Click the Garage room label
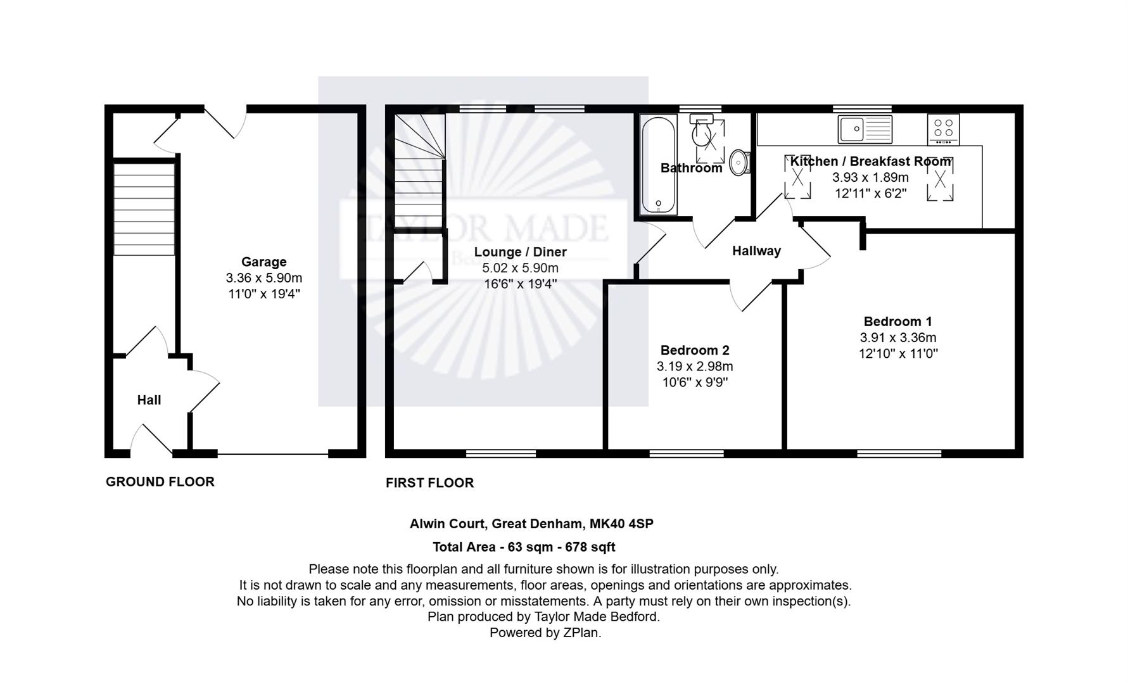pyautogui.click(x=263, y=262)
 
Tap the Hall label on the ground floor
pyautogui.click(x=149, y=400)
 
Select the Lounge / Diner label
pyautogui.click(x=520, y=251)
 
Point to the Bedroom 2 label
pyautogui.click(x=695, y=350)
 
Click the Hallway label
pyautogui.click(x=756, y=251)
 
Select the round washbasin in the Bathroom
pyautogui.click(x=740, y=162)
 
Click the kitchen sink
pyautogui.click(x=865, y=129)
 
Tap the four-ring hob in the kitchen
pyautogui.click(x=943, y=129)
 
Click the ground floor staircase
pyautogui.click(x=144, y=209)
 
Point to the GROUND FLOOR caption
pyautogui.click(x=160, y=481)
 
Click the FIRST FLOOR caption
pyautogui.click(x=430, y=483)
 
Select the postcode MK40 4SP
pyautogui.click(x=621, y=524)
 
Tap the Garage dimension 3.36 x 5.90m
pyautogui.click(x=263, y=278)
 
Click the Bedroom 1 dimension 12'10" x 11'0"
pyautogui.click(x=897, y=353)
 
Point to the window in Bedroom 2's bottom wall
pyautogui.click(x=687, y=453)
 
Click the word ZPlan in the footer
pyautogui.click(x=581, y=632)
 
